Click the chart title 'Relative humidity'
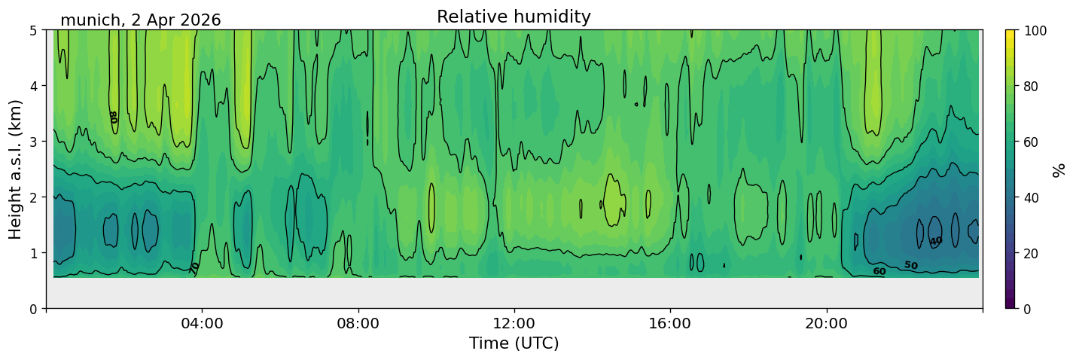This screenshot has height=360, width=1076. [x=514, y=17]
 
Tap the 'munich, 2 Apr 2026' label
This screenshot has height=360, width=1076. [x=141, y=20]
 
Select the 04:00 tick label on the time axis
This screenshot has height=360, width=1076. [x=203, y=323]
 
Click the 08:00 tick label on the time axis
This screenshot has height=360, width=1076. [x=358, y=323]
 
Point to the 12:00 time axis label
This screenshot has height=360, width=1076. [x=514, y=323]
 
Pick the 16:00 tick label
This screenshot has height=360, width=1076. [x=670, y=323]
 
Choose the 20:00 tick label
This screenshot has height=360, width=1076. [x=826, y=323]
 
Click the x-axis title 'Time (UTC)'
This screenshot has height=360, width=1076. [x=514, y=343]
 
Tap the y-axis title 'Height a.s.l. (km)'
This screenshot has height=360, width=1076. [x=15, y=169]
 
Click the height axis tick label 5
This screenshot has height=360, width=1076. [x=33, y=31]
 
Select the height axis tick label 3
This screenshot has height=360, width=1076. [x=33, y=142]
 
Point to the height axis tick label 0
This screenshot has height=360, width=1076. [x=33, y=309]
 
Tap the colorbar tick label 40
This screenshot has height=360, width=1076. [x=1033, y=198]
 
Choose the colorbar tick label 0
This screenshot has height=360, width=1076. [x=1029, y=309]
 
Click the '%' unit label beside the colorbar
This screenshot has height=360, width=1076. [x=1058, y=170]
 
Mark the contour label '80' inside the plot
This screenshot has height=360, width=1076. [x=114, y=117]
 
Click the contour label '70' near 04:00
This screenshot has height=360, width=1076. [x=194, y=268]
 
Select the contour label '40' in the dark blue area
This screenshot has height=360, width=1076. [x=936, y=241]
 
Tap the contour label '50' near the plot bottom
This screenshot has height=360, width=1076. [x=911, y=265]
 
